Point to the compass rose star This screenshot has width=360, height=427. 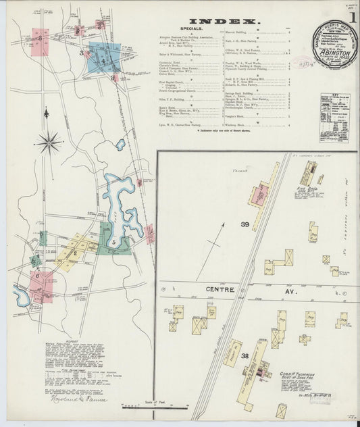49,143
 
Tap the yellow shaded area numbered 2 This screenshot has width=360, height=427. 74,253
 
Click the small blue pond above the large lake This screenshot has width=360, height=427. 120,145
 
